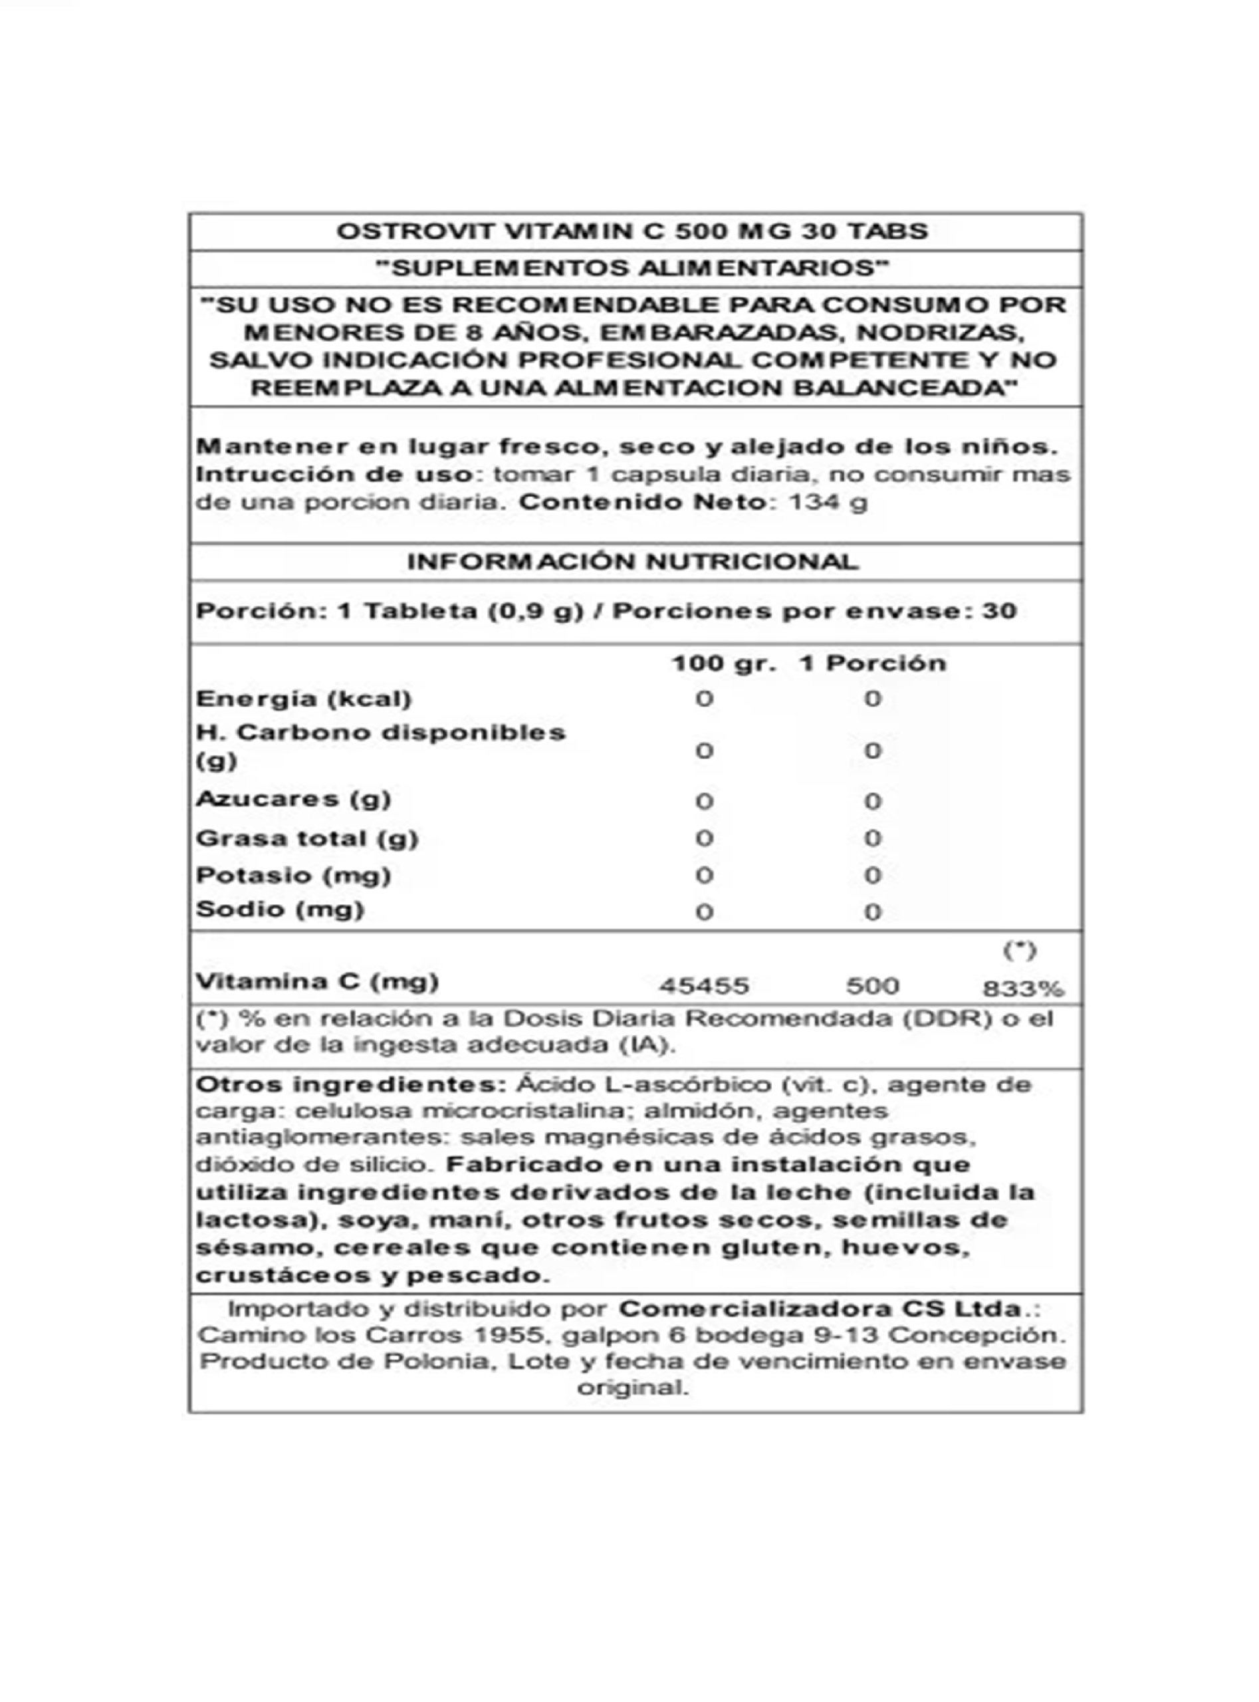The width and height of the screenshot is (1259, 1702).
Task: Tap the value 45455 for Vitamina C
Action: [703, 986]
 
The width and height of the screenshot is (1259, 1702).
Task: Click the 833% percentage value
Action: [1022, 989]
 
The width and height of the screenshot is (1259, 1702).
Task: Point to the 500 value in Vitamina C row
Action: [873, 986]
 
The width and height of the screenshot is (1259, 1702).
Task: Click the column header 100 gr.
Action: [723, 663]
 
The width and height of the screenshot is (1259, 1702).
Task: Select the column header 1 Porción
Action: [873, 663]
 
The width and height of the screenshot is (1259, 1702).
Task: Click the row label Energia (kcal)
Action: [303, 698]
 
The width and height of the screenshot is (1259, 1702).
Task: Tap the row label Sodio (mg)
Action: [280, 909]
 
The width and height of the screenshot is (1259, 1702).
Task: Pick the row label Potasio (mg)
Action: [293, 874]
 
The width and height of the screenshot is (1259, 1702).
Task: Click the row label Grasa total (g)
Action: [307, 838]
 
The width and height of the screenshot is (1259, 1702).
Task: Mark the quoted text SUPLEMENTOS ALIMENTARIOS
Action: [633, 269]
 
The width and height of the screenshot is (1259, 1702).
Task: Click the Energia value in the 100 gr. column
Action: [703, 699]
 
